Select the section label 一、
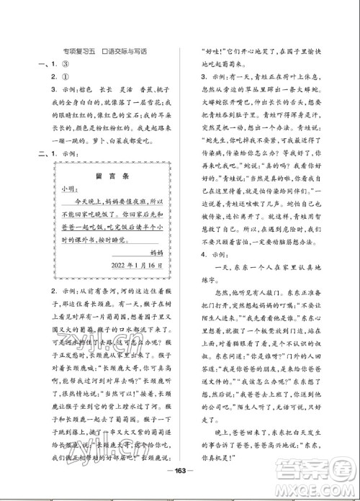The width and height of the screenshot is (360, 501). tap(35, 63)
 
